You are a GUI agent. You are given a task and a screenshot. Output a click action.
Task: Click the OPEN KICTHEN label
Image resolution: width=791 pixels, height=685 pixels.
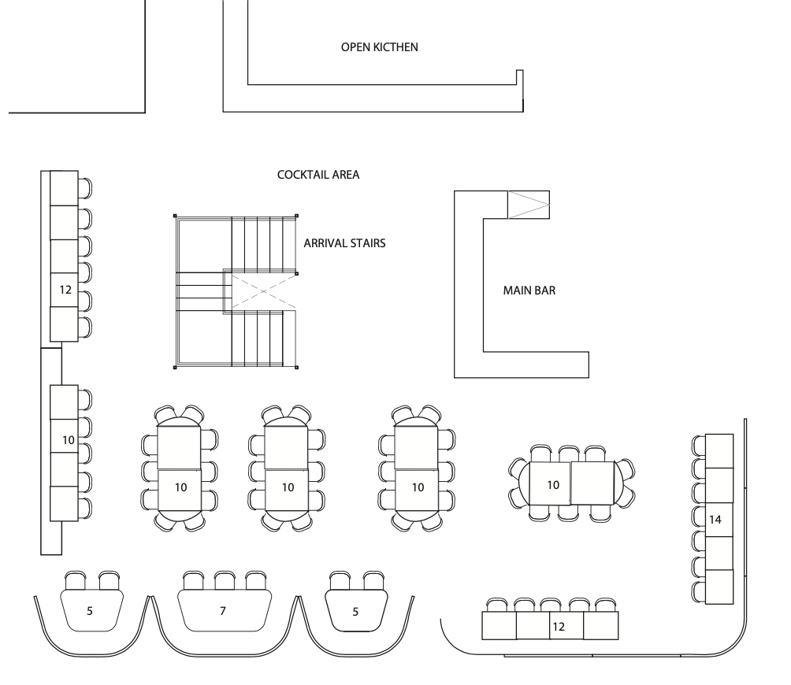coord(379,47)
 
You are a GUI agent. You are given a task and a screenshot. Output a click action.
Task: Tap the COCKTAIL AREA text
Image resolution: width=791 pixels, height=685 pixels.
coord(318,175)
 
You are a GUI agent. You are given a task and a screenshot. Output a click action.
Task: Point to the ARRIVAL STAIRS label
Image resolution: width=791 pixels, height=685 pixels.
coord(344,244)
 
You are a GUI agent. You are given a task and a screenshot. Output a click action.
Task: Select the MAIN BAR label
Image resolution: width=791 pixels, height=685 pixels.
coord(529,291)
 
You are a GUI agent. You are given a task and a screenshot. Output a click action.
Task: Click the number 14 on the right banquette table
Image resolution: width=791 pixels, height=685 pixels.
coord(715,520)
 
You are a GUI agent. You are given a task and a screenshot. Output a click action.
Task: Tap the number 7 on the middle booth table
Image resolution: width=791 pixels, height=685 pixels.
coord(222,610)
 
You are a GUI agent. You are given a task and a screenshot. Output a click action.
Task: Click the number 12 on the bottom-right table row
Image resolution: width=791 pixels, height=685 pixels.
coord(558,627)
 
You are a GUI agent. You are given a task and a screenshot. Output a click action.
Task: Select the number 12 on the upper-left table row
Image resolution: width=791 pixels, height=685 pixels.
coord(65,290)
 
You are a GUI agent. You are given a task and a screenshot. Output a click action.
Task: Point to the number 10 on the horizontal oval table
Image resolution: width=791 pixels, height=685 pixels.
coord(553,485)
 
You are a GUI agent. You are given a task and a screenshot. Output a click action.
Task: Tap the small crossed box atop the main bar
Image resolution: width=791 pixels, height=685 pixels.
coord(528,205)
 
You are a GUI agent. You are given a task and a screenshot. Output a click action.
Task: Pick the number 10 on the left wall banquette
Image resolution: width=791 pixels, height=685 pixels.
coord(69,440)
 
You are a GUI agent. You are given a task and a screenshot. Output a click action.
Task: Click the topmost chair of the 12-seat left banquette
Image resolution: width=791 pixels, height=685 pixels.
coord(85,187)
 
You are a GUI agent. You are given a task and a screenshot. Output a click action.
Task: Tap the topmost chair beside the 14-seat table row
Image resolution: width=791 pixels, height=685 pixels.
coord(697,445)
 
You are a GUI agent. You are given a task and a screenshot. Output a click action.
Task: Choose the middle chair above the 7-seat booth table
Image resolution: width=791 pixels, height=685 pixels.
coord(225,580)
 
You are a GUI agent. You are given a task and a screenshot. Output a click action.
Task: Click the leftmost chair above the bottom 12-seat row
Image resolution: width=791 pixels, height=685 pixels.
coord(498,605)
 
